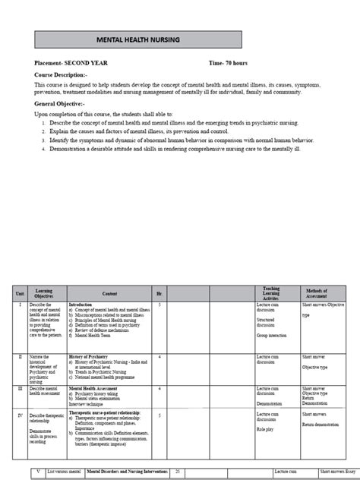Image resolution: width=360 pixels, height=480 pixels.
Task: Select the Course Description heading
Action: click(x=62, y=76)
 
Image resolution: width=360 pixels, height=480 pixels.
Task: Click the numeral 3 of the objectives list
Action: click(x=44, y=140)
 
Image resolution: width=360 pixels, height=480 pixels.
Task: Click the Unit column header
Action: click(x=21, y=292)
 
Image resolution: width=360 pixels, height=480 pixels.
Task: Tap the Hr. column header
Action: click(x=159, y=292)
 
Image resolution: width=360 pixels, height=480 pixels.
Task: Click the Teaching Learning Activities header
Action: click(x=271, y=292)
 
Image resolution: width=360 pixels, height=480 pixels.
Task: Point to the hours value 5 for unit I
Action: click(x=159, y=304)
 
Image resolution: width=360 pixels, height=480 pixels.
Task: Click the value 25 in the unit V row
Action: click(x=178, y=472)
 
